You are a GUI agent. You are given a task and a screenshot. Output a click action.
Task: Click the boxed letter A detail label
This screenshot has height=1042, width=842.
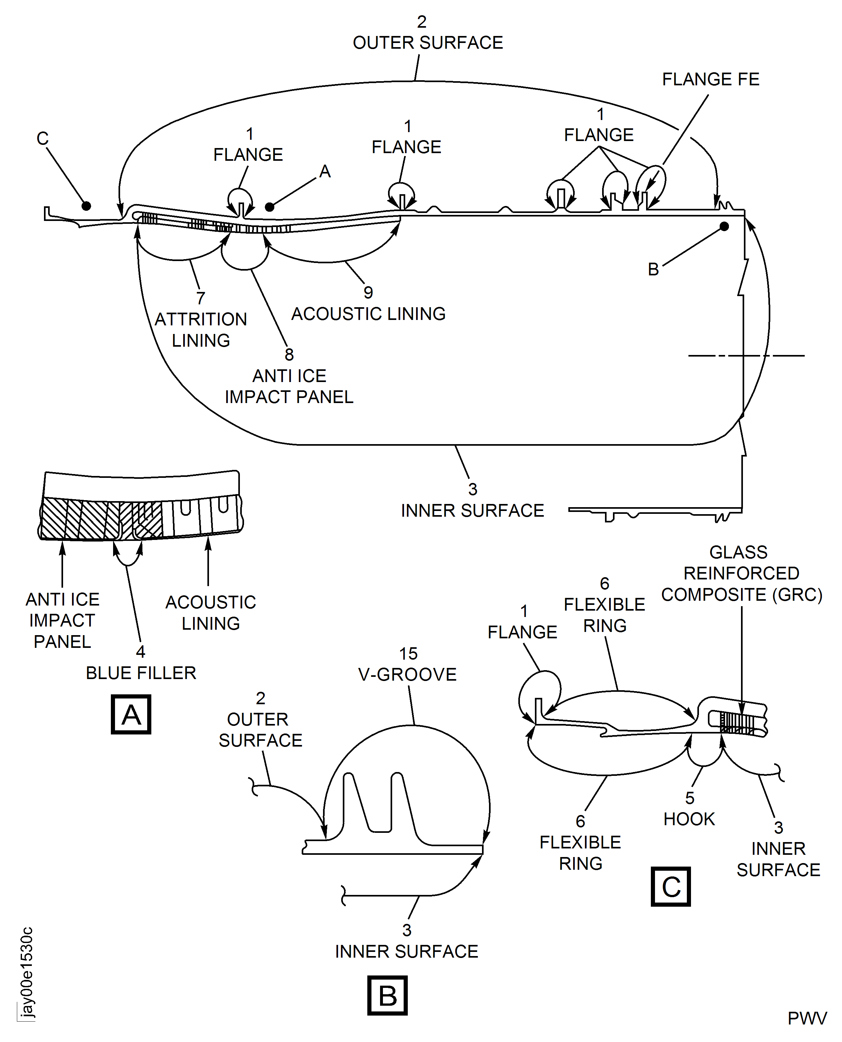131,714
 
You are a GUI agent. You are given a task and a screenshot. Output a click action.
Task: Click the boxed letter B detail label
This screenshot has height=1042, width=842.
387,996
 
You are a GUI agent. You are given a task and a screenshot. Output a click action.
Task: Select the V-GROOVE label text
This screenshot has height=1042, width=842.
407,674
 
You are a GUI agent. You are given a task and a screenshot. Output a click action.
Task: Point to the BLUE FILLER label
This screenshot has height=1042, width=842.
141,673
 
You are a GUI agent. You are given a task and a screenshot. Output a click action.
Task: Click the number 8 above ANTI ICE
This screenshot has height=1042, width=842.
289,354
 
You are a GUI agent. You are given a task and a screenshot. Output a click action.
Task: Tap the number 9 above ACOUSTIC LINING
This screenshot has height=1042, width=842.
368,292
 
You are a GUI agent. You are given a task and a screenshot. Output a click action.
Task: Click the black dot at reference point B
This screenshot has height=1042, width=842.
724,226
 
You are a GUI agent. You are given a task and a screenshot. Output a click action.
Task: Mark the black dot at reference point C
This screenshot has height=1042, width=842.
86,206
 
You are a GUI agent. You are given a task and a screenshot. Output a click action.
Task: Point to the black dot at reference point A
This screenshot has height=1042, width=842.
270,207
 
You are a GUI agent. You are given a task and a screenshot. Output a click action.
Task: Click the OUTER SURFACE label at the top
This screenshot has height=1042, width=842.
428,43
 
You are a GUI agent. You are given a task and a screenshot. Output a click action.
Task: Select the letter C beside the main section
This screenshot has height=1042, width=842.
43,138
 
